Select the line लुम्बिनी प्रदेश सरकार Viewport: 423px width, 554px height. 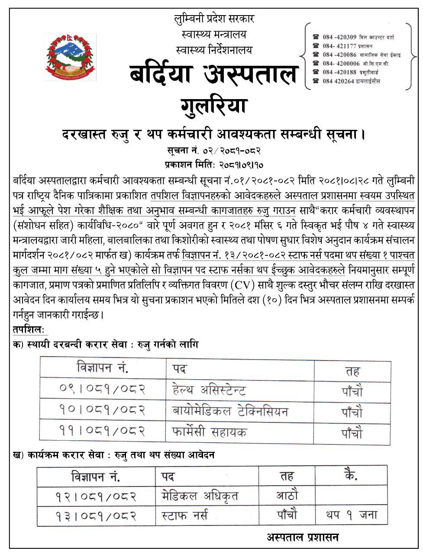[214, 19]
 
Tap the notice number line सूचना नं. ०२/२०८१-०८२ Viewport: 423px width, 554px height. [214, 151]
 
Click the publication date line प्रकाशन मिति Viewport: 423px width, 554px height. [214, 164]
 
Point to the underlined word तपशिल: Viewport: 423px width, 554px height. [29, 330]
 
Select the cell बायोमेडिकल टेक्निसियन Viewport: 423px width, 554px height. [230, 411]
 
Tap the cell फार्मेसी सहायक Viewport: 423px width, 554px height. [209, 432]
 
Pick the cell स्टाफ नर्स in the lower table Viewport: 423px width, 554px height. [184, 515]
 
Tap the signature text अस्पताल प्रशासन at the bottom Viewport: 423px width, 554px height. [303, 538]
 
